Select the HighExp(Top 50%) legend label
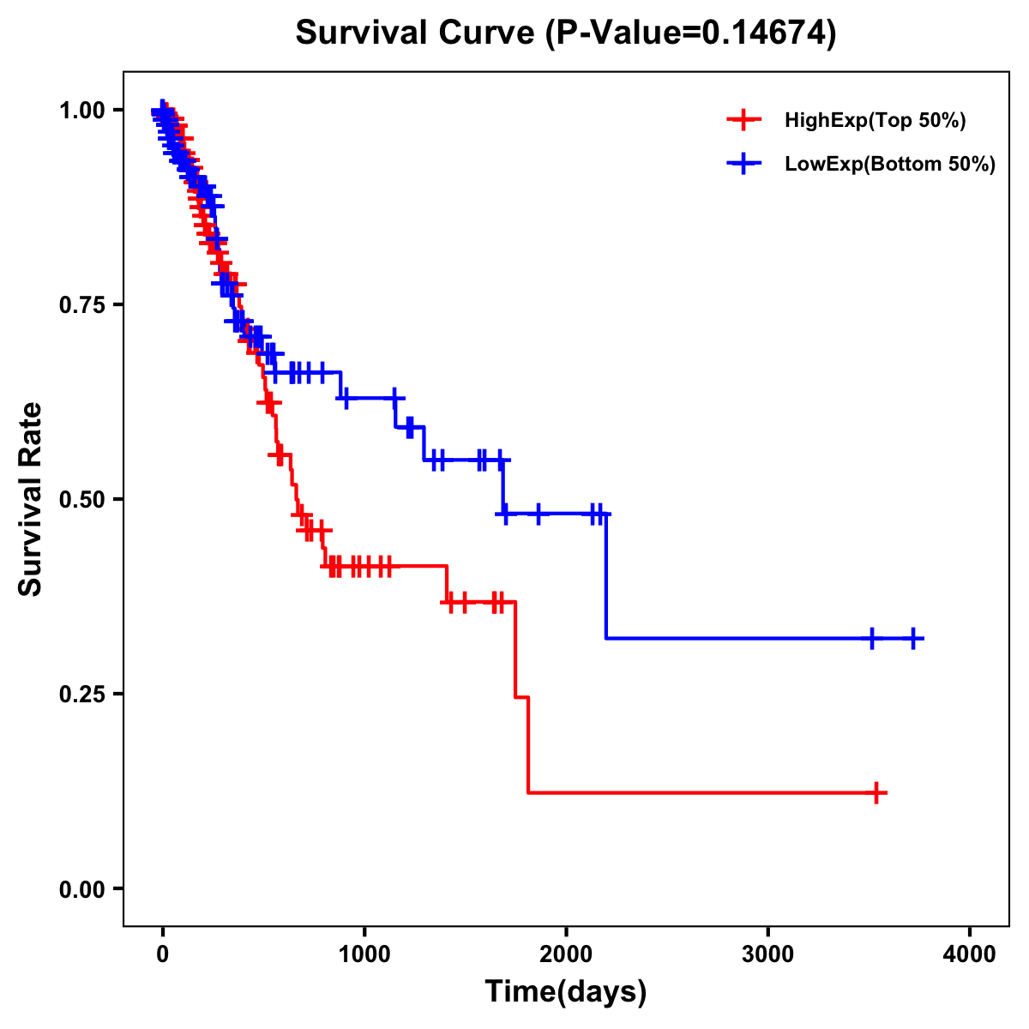pyautogui.click(x=876, y=121)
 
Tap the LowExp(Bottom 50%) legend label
pyautogui.click(x=890, y=164)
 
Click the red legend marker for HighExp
pyautogui.click(x=743, y=120)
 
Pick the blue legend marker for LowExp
pyautogui.click(x=743, y=163)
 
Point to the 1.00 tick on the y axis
pyautogui.click(x=85, y=110)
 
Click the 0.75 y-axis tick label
pyautogui.click(x=85, y=304)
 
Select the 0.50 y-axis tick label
pyautogui.click(x=85, y=499)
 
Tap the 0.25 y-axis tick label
pyautogui.click(x=85, y=694)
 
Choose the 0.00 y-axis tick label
pyautogui.click(x=85, y=888)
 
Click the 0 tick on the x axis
pyautogui.click(x=162, y=954)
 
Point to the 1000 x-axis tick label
pyautogui.click(x=364, y=954)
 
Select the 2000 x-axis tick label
pyautogui.click(x=566, y=954)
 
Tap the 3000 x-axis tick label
pyautogui.click(x=768, y=954)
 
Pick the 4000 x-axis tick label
pyautogui.click(x=970, y=954)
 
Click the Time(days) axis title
pyautogui.click(x=566, y=991)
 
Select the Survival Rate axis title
pyautogui.click(x=31, y=499)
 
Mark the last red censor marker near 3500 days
pyautogui.click(x=876, y=793)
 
